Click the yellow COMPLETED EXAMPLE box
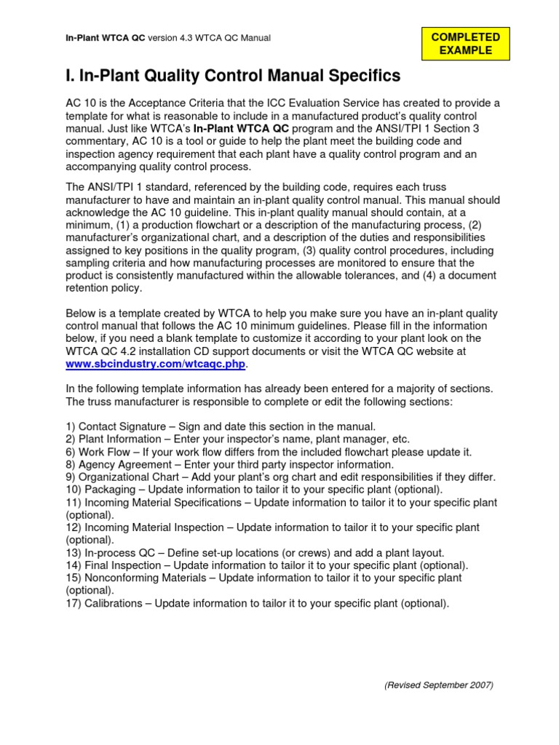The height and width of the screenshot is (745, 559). point(466,44)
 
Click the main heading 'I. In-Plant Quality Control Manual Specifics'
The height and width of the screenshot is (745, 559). point(233,76)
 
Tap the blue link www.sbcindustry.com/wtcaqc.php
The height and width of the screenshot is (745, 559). point(156,363)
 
